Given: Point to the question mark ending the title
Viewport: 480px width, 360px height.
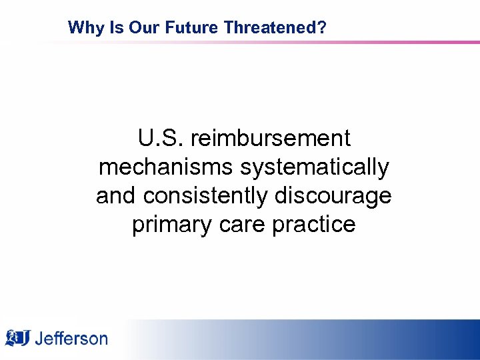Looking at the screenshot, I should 322,27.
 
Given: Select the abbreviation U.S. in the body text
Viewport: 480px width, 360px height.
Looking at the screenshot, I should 161,139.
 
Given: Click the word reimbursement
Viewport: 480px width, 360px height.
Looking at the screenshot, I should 270,139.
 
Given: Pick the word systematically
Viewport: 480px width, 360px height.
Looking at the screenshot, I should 315,167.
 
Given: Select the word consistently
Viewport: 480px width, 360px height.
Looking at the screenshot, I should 204,196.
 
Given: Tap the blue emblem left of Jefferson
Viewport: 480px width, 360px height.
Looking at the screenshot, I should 17,337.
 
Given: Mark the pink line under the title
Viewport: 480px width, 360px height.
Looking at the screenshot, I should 267,42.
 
